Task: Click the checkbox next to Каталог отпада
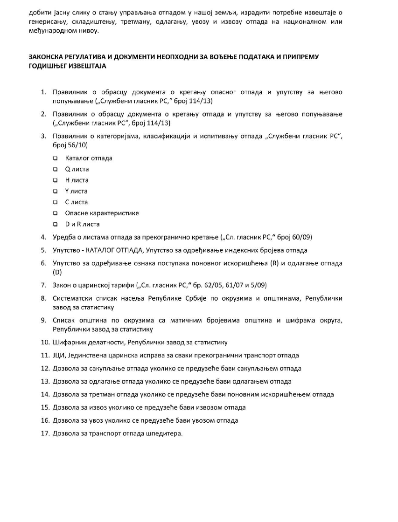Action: tap(56, 158)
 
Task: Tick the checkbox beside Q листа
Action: tap(56, 169)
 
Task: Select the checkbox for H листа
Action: tap(56, 180)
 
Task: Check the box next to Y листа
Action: tap(56, 191)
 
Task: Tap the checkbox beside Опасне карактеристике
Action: tap(56, 213)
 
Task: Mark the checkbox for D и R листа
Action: tap(56, 224)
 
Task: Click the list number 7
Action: tap(43, 285)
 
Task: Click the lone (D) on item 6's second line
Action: tap(57, 272)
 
